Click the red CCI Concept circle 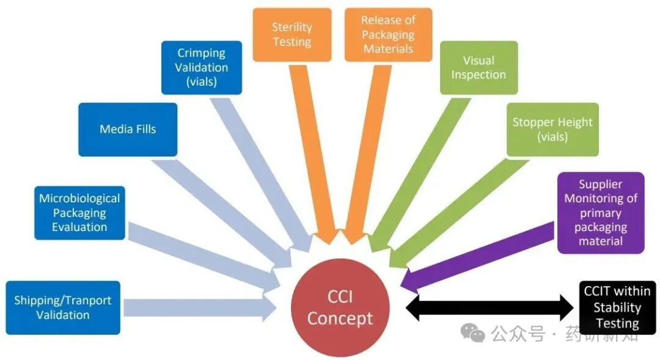(340, 309)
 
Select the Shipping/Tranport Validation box (62, 307)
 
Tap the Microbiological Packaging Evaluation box (79, 213)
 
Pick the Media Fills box (128, 129)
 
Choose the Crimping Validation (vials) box (202, 67)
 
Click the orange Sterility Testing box (292, 35)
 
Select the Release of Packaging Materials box (388, 35)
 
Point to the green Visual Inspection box (479, 67)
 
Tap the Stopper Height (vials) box (552, 129)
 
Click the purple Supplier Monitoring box (601, 213)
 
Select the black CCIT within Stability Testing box (617, 307)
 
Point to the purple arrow (477, 255)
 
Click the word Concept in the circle (340, 318)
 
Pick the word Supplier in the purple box (601, 185)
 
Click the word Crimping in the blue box (202, 53)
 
